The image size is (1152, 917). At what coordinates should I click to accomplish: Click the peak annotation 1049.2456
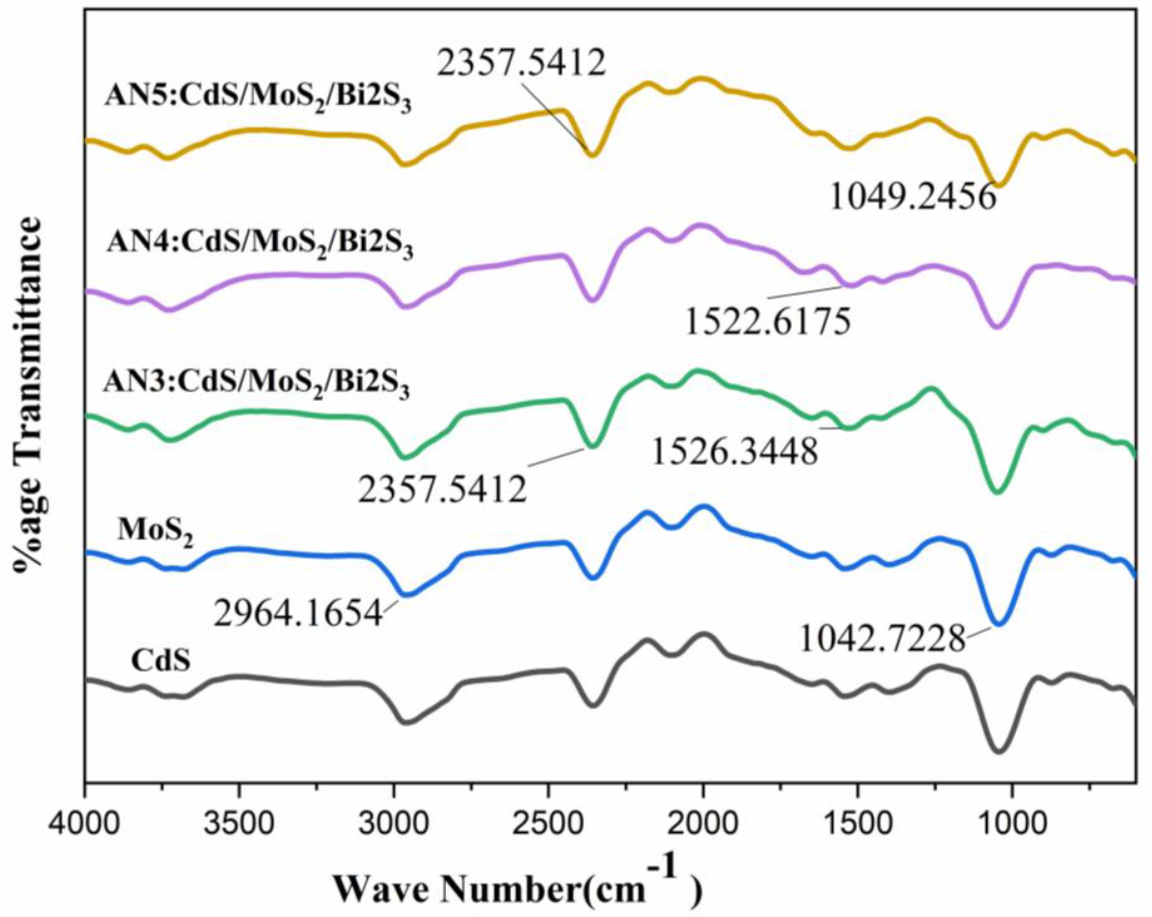click(912, 198)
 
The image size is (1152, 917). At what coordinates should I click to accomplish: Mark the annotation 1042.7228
click(883, 639)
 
